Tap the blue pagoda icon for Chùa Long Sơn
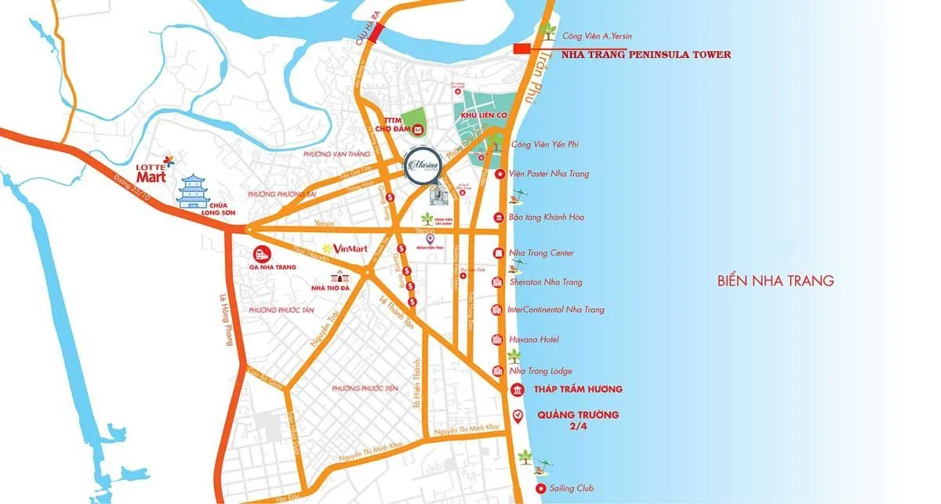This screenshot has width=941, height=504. tap(196, 193)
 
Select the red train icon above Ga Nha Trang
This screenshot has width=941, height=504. tap(260, 253)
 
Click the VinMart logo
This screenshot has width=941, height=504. tap(344, 248)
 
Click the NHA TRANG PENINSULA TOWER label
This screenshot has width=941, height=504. tap(646, 55)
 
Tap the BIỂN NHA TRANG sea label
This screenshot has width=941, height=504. tap(775, 281)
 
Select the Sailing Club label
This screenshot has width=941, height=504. tap(573, 488)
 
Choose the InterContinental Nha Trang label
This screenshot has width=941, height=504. tap(556, 310)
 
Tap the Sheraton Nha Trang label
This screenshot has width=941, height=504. tap(546, 281)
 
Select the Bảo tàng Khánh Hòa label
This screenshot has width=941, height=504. tap(547, 217)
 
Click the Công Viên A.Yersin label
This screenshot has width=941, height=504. tap(598, 36)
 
